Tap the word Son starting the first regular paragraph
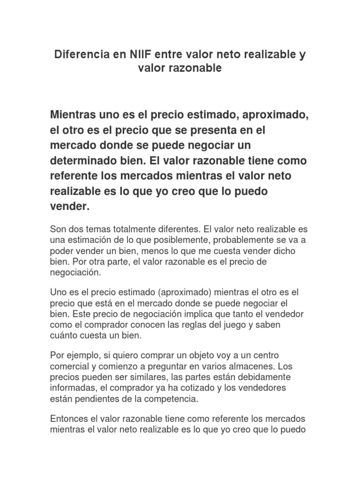(58, 230)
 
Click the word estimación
(88, 240)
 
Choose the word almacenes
(246, 366)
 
